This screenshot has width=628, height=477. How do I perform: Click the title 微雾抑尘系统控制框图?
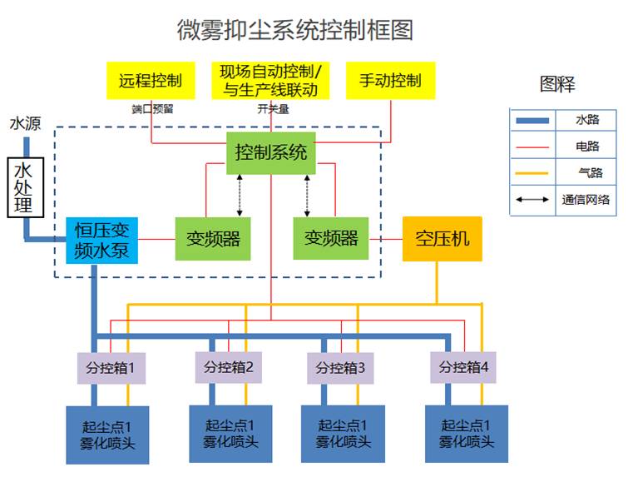click(295, 30)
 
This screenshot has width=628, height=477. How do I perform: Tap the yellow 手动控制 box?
click(390, 81)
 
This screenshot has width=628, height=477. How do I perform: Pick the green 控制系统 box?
click(271, 153)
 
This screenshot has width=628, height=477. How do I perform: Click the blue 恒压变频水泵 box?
click(101, 239)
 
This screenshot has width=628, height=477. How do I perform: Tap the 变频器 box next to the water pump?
click(213, 239)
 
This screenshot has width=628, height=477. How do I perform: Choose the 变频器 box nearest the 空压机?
click(331, 239)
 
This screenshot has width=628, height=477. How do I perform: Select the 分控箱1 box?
click(111, 367)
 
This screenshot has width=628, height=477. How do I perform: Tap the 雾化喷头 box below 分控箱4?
click(466, 434)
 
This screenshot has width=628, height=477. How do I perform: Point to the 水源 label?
click(24, 124)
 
